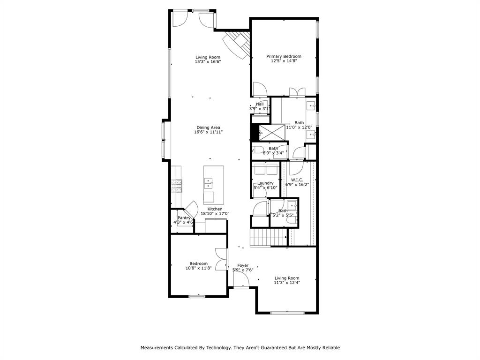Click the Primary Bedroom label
pos(284,56)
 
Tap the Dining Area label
pos(209,127)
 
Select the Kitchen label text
pos(215,209)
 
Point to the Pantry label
pos(184,217)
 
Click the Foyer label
pos(243,265)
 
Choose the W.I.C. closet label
pos(297,180)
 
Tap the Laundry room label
pos(265,183)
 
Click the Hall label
pos(260,104)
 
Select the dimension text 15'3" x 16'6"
pos(208,62)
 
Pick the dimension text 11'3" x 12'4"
pos(287,283)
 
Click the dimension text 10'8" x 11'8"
pos(199,268)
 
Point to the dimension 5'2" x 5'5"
pos(283,216)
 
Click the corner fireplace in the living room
pos(237,44)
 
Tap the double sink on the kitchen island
pos(209,182)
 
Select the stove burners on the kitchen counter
pos(178,186)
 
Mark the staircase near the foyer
pos(268,238)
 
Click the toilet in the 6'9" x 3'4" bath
pos(257,150)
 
